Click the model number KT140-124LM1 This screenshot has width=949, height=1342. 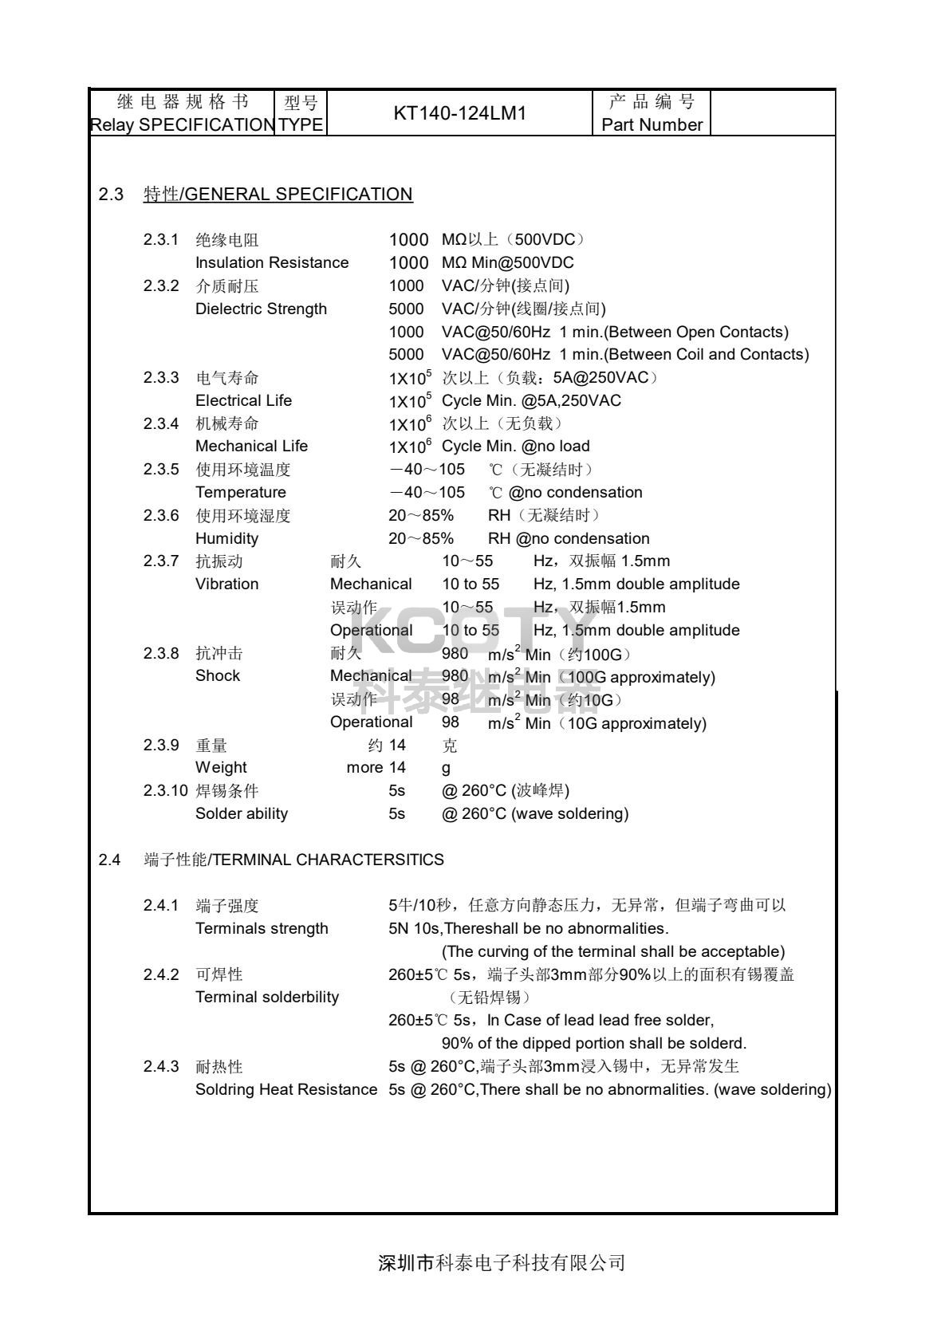(460, 113)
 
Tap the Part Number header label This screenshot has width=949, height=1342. (652, 125)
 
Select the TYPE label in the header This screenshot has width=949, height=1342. (301, 125)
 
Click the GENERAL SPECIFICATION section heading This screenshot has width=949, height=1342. (278, 195)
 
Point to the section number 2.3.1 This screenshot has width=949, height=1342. (161, 240)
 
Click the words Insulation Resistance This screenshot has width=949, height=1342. (272, 262)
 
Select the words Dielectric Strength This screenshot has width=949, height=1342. (261, 309)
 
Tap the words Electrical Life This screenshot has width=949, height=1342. (243, 400)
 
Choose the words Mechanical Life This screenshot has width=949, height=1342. (251, 446)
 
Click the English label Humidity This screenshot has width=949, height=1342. (226, 538)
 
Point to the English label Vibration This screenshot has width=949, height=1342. (226, 584)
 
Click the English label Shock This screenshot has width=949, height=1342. (217, 676)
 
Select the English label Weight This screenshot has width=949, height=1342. (221, 768)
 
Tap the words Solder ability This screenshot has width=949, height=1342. (242, 813)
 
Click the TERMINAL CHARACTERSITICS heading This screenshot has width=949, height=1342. (294, 860)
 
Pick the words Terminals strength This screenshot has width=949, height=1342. (262, 928)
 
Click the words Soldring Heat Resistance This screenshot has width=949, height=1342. (286, 1089)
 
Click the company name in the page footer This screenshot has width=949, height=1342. (502, 1263)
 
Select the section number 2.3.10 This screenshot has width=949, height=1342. (165, 791)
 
